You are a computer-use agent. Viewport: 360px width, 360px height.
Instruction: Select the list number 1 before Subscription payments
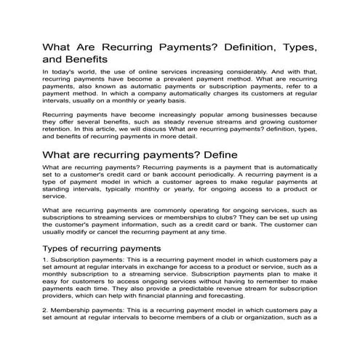pyautogui.click(x=45, y=260)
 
